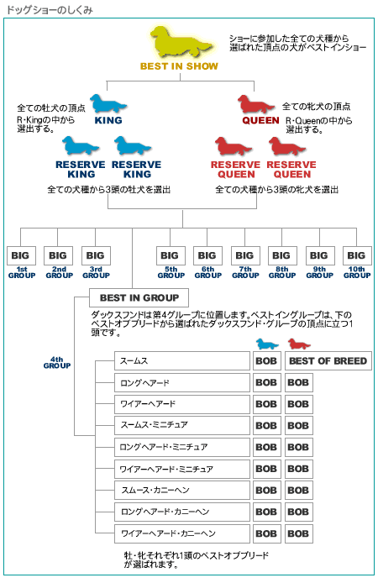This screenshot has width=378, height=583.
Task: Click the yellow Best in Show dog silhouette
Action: pyautogui.click(x=181, y=42)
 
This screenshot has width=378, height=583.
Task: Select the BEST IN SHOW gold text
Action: pyautogui.click(x=179, y=66)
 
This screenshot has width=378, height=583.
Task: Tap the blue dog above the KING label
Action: pyautogui.click(x=108, y=103)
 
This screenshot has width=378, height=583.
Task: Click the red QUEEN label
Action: pyautogui.click(x=260, y=120)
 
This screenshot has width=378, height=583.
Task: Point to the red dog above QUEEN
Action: pyautogui.click(x=256, y=104)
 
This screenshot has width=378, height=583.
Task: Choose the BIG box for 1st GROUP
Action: pyautogui.click(x=21, y=255)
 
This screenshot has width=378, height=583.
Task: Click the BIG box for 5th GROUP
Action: pyautogui.click(x=171, y=255)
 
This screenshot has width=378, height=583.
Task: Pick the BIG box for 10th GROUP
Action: pyautogui.click(x=357, y=255)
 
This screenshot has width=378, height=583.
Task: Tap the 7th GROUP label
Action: pyautogui.click(x=245, y=272)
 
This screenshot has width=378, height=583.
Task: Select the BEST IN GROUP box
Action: pyautogui.click(x=139, y=298)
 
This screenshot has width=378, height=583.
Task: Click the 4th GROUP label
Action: pyautogui.click(x=57, y=363)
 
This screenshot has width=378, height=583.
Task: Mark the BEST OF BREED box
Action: pyautogui.click(x=328, y=361)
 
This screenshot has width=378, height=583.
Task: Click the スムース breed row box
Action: pyautogui.click(x=182, y=361)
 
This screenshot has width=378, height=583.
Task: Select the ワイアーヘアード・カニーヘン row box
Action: pyautogui.click(x=182, y=533)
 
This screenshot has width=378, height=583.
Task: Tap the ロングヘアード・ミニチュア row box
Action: pyautogui.click(x=182, y=447)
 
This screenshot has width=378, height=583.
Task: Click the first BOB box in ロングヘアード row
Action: pyautogui.click(x=266, y=382)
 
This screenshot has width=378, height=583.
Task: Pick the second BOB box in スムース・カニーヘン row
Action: pyautogui.click(x=299, y=491)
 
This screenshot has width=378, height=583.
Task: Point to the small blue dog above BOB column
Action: pyautogui.click(x=267, y=344)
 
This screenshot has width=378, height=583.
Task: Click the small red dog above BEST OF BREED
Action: pyautogui.click(x=299, y=344)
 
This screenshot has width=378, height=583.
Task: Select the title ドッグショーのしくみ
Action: pyautogui.click(x=50, y=10)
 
